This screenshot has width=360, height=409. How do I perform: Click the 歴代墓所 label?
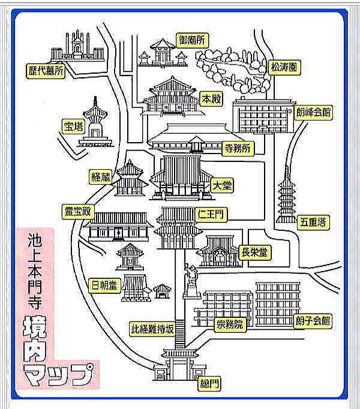point(45,70)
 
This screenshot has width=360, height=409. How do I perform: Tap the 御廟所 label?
point(191,40)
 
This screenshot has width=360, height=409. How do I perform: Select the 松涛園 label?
point(283,67)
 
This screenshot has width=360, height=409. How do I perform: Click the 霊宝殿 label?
point(78,210)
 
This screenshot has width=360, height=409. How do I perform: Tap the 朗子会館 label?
point(313,320)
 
